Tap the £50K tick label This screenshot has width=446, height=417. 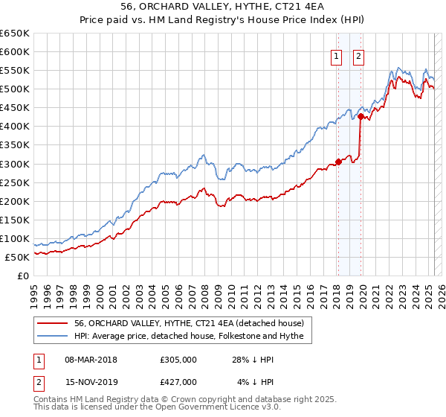click(17, 257)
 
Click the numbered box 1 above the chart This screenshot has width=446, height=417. click(336, 56)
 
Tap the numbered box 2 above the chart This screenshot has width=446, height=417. click(358, 56)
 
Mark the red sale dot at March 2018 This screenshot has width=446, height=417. click(337, 162)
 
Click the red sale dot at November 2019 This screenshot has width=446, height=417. click(361, 116)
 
